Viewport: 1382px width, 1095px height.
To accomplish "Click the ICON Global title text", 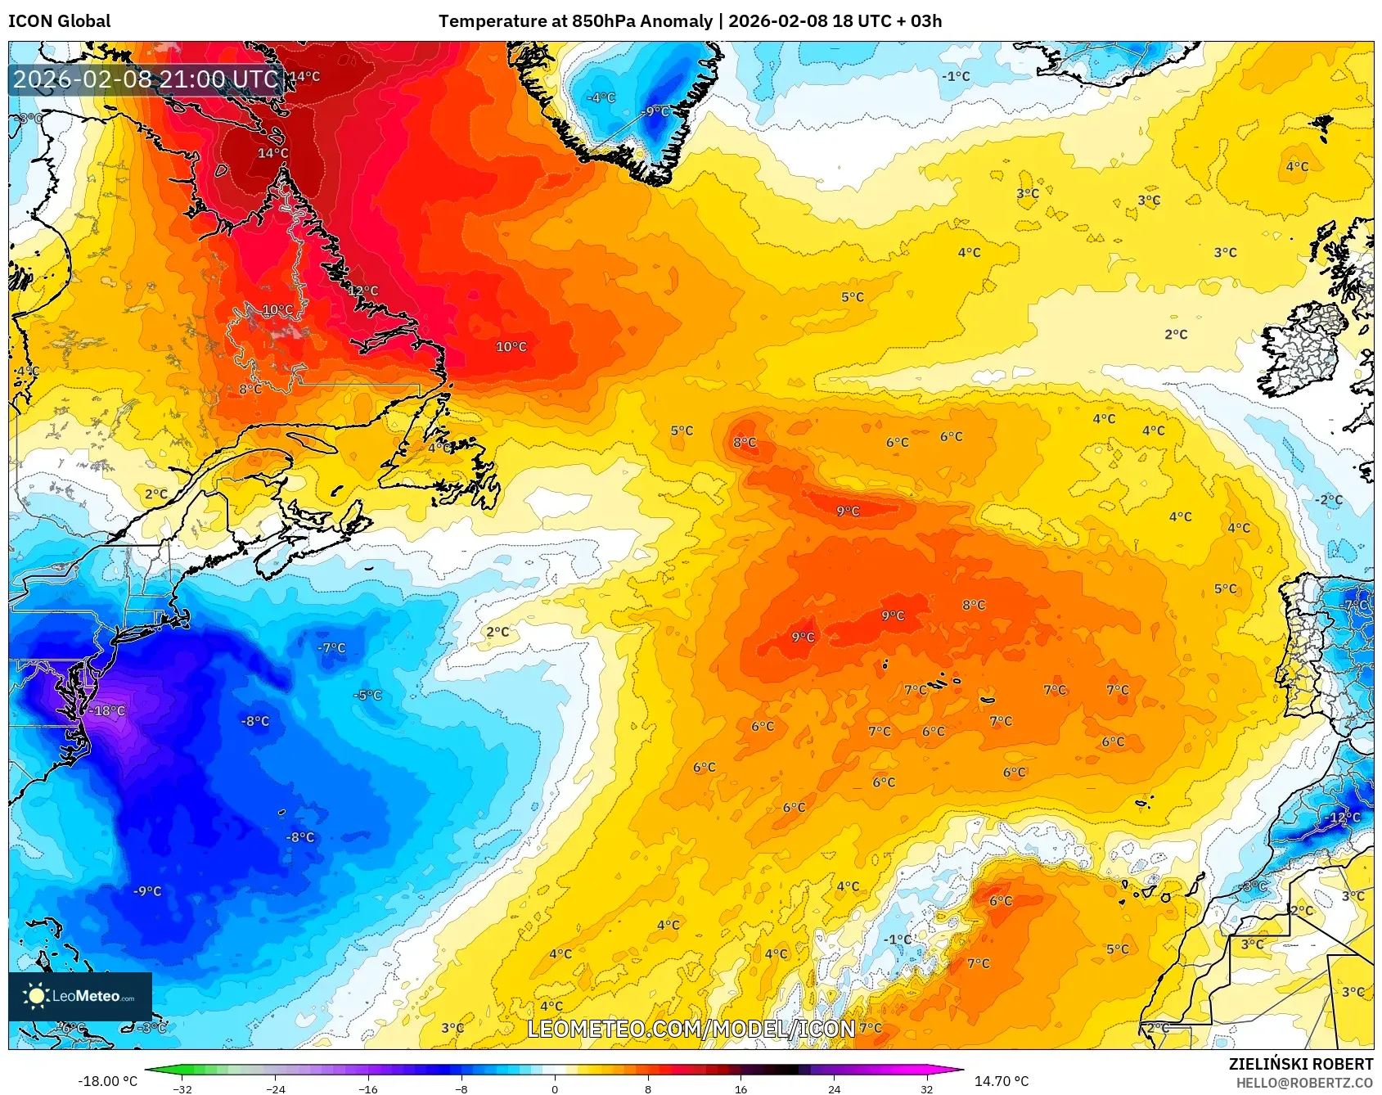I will point(59,21).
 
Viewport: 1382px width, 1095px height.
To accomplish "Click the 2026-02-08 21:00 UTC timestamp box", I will point(146,79).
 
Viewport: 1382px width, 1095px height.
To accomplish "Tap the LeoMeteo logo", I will point(79,996).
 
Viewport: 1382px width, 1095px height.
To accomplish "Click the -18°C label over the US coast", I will point(108,710).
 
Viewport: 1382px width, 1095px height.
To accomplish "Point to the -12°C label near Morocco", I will point(1343,817).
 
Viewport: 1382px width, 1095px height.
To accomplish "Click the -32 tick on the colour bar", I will point(182,1088).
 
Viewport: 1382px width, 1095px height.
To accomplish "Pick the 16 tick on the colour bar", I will point(741,1088).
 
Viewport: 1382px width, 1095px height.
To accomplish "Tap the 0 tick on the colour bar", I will point(555,1088).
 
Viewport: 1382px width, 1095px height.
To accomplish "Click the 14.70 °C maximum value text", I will point(1001,1081).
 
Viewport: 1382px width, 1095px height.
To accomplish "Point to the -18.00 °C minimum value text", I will point(107,1081).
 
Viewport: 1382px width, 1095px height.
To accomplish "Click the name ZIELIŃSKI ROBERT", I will point(1300,1064).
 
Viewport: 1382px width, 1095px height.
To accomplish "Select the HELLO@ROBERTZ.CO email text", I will point(1303,1083).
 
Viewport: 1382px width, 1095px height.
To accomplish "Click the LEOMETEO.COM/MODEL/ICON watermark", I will point(691,1029).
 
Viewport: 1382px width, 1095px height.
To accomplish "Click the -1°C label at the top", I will point(956,76).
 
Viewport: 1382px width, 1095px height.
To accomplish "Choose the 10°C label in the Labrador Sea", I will point(511,347).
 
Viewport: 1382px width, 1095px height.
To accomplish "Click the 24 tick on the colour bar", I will point(834,1088).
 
